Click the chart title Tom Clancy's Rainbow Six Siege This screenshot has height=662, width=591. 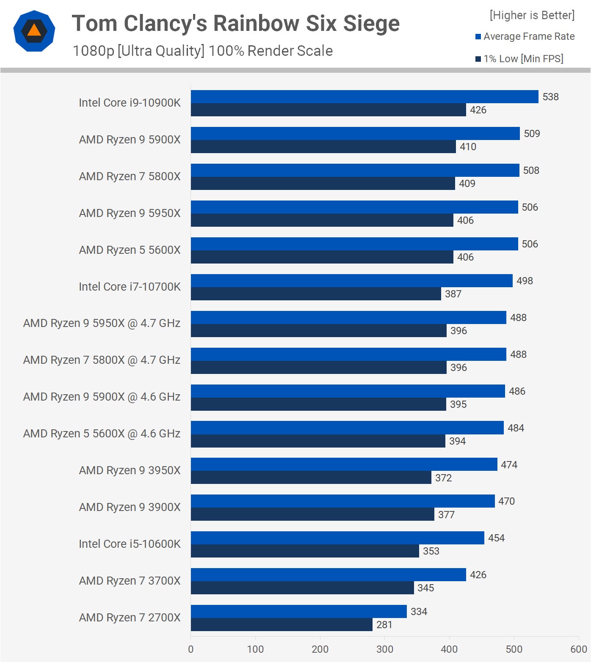tap(235, 24)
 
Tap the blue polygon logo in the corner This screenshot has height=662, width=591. tap(34, 31)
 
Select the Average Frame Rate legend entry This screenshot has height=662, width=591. tap(525, 36)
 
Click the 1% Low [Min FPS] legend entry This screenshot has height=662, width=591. tap(519, 59)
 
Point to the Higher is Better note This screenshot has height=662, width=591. tap(532, 15)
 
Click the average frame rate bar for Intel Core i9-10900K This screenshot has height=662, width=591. tap(364, 97)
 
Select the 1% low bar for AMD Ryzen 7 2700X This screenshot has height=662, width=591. tap(282, 625)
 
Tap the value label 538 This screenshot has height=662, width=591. tap(550, 97)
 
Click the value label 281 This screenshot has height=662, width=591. tap(384, 625)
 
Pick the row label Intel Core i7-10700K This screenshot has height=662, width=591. tap(130, 287)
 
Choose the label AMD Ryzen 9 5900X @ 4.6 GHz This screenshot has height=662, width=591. tap(102, 397)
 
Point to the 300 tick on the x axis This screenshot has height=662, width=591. tap(384, 649)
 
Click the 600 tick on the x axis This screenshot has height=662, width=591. tap(578, 649)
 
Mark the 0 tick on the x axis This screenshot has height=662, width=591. tap(191, 649)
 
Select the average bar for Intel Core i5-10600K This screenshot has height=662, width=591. tap(337, 538)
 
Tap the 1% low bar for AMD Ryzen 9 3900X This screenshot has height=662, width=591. tap(312, 514)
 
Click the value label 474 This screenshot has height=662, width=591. tap(509, 465)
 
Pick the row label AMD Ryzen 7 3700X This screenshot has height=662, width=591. tap(130, 581)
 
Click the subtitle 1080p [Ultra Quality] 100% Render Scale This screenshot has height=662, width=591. tap(202, 51)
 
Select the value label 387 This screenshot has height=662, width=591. tap(453, 294)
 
